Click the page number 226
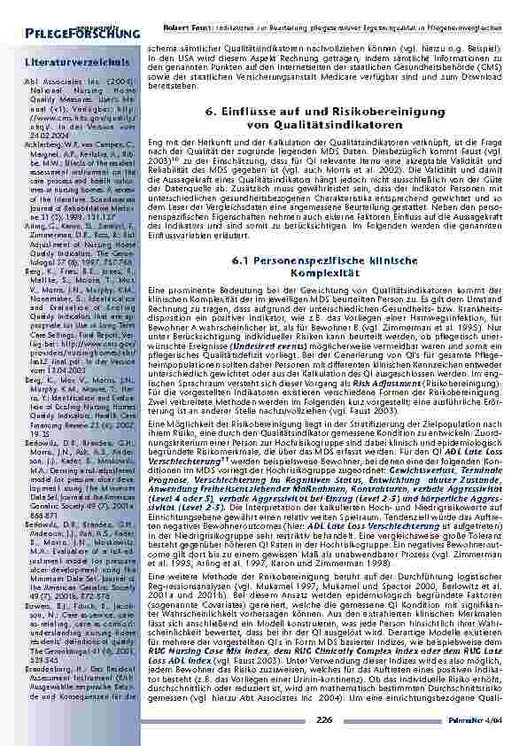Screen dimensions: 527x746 [323, 721]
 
